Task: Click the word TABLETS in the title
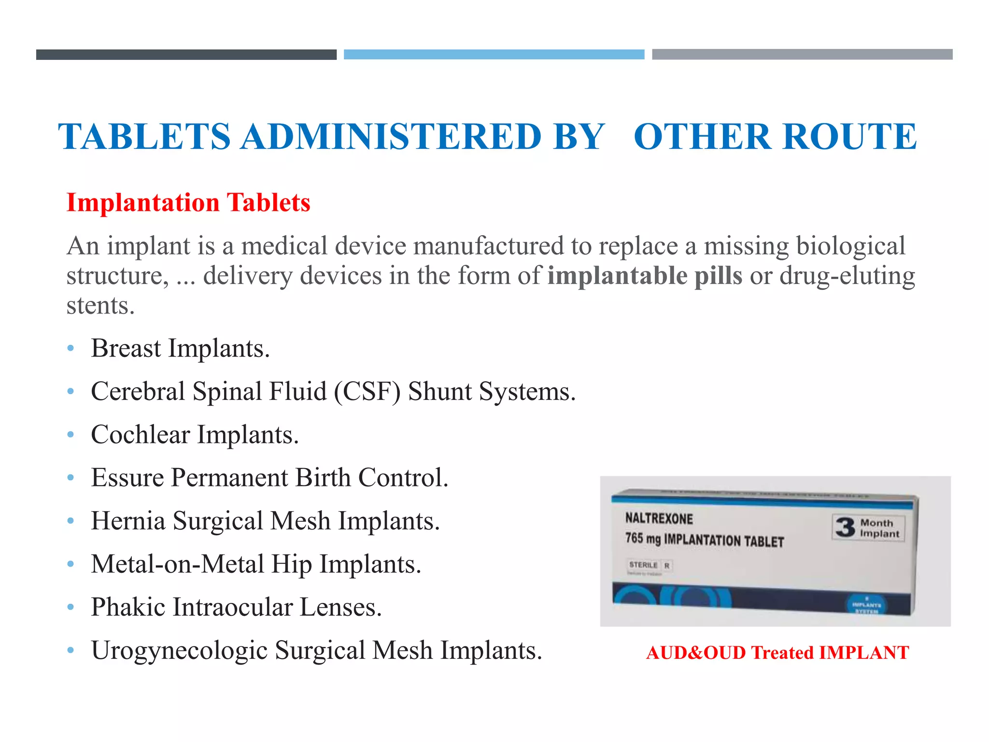tap(144, 137)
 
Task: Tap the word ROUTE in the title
tap(850, 137)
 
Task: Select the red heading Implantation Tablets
tap(188, 202)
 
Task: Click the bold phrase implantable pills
tap(645, 276)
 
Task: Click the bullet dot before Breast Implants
tap(71, 348)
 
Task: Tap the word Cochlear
tap(140, 434)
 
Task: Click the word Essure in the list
tap(127, 478)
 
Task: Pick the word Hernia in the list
tap(128, 521)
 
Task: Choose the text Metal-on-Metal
tap(177, 564)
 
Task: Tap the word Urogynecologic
tap(179, 650)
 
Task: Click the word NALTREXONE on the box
tap(659, 518)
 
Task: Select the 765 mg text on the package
tap(643, 538)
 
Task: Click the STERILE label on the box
tap(643, 565)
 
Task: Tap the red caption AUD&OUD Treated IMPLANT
tap(777, 653)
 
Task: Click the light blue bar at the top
tap(494, 54)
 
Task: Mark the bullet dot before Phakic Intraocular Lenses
tap(71, 607)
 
